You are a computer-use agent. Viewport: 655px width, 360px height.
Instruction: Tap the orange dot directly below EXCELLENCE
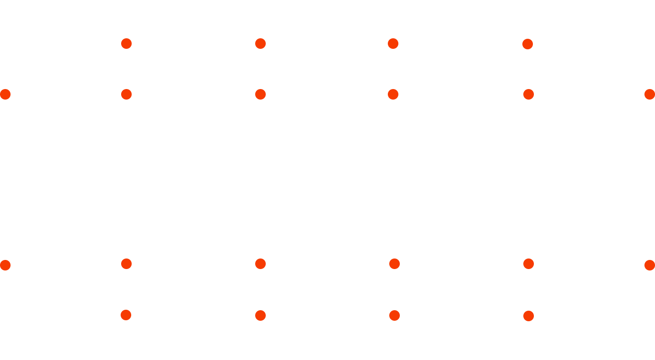point(126,44)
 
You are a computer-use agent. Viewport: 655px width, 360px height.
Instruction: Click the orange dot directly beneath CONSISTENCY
point(260,44)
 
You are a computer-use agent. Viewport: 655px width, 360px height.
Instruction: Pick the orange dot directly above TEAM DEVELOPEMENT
point(126,315)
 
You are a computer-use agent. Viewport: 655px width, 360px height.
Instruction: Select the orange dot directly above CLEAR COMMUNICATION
point(529,316)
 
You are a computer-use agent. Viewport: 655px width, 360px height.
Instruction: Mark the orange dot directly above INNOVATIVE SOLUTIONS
point(260,315)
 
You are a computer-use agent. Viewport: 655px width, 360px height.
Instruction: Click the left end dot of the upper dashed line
point(5,94)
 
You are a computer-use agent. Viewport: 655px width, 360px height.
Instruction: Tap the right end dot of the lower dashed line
point(650,265)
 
